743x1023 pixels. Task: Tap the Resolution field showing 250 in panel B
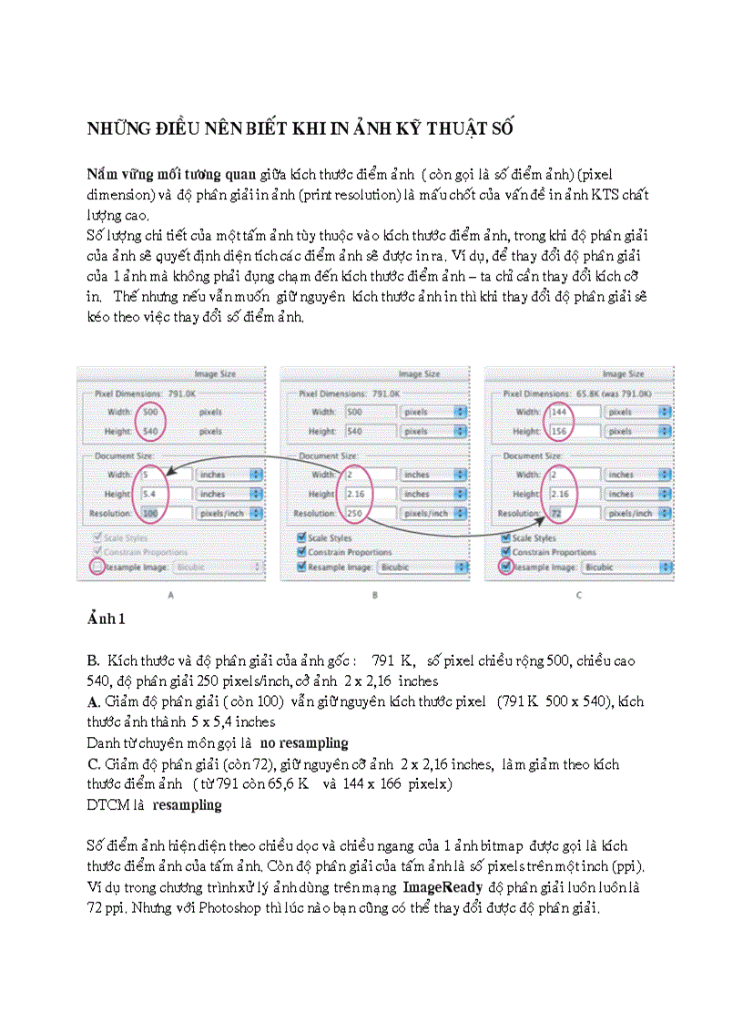355,513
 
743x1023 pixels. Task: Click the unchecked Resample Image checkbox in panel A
97,566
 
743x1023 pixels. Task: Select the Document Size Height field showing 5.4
151,494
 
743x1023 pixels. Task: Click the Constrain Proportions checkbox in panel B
302,552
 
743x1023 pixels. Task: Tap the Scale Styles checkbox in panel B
302,538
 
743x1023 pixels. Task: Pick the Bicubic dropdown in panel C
626,566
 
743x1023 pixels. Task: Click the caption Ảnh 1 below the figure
106,619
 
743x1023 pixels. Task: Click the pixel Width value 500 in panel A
151,412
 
